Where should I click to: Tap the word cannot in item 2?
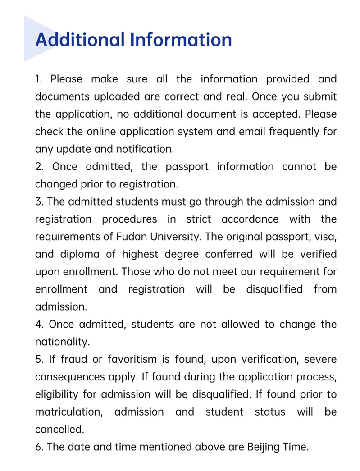point(299,167)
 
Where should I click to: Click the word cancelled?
point(59,430)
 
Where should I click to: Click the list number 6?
point(39,447)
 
